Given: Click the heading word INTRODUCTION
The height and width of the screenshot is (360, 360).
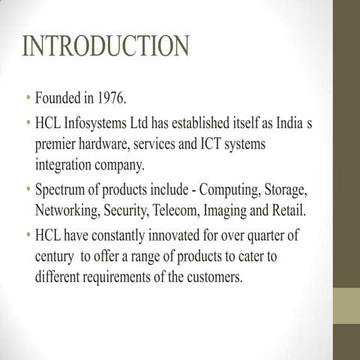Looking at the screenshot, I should click(x=106, y=47).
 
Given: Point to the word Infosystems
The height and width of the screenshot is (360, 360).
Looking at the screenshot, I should click(x=104, y=122).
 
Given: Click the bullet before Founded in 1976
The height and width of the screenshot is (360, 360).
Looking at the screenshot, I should click(x=28, y=100).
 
